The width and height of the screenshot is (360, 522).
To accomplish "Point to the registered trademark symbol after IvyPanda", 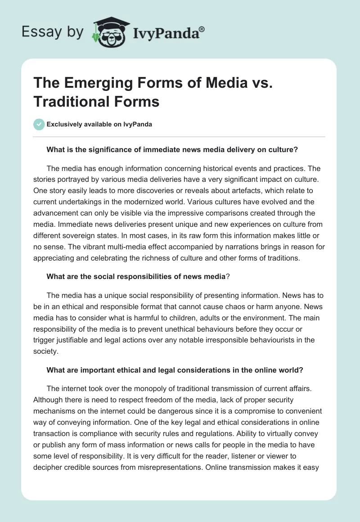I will pos(202,29).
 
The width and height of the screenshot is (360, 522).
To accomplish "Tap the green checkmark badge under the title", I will pos(39,124).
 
